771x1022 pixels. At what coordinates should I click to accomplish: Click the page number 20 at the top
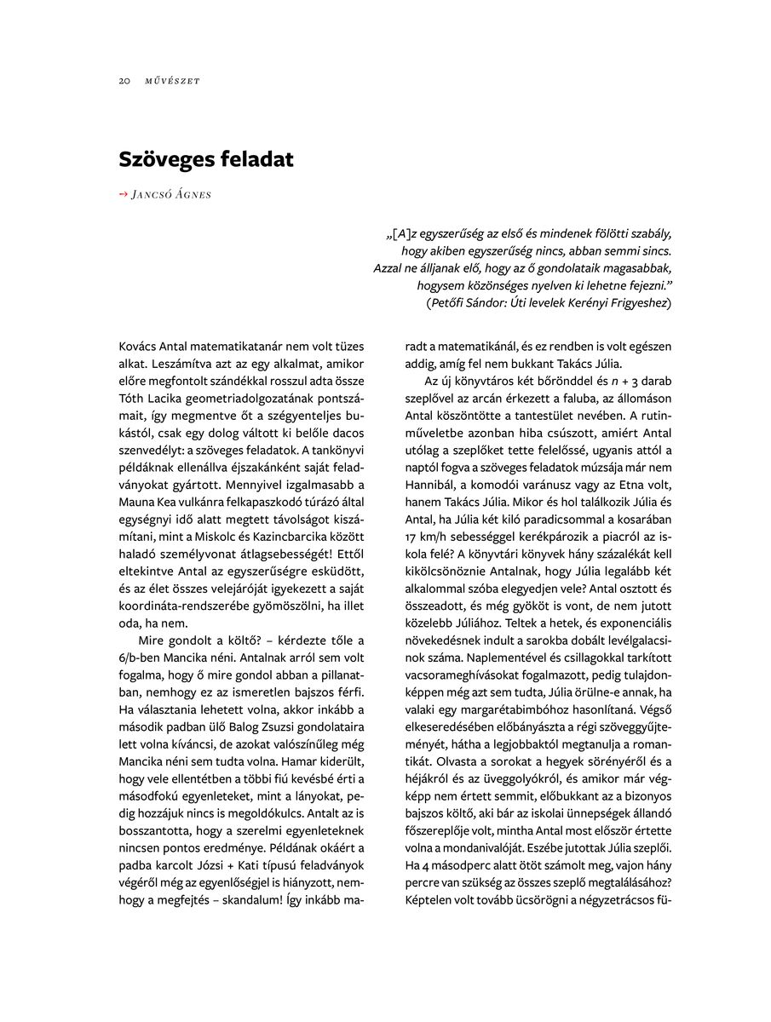tap(124, 81)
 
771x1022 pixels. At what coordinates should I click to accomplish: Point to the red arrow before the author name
tap(123, 194)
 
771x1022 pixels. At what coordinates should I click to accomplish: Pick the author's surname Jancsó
tap(152, 194)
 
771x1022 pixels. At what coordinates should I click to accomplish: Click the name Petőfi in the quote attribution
tap(449, 302)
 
